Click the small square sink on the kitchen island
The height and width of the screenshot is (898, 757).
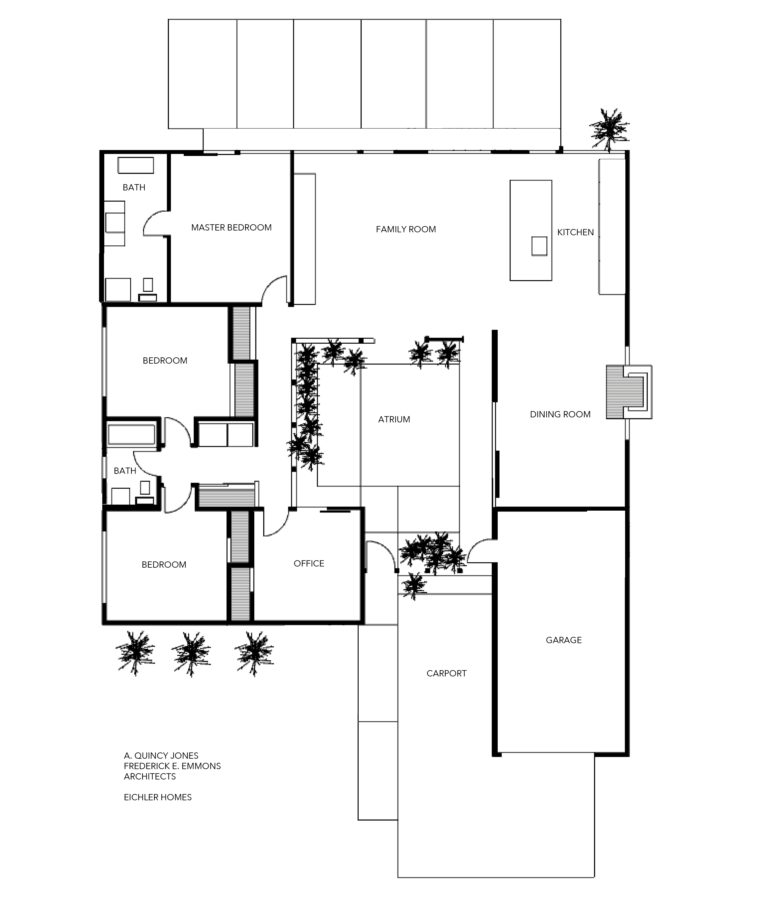(x=539, y=246)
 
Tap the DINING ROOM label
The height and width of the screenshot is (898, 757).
(x=560, y=414)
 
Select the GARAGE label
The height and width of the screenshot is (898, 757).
(x=564, y=640)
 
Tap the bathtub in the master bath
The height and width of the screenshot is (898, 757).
(x=135, y=165)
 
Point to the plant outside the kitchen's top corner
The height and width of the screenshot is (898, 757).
(x=609, y=128)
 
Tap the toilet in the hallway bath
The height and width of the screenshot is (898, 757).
(x=145, y=491)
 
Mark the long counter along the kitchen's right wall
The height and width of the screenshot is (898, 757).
(x=611, y=227)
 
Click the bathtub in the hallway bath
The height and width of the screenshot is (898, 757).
(x=131, y=434)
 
